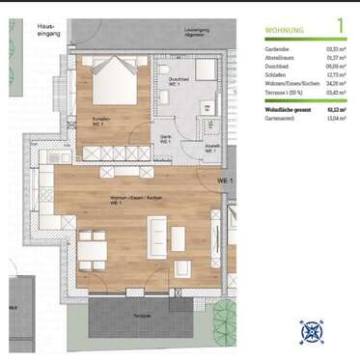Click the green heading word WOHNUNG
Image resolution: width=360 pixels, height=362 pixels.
click(285, 31)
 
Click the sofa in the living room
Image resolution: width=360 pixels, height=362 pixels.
click(157, 236)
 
